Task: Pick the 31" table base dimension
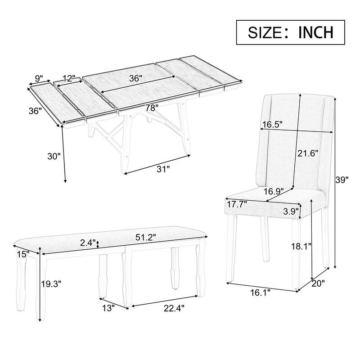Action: pos(163,169)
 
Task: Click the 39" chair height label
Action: pos(342,180)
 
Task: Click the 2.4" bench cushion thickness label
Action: pos(88,243)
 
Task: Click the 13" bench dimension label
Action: pos(108,308)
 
